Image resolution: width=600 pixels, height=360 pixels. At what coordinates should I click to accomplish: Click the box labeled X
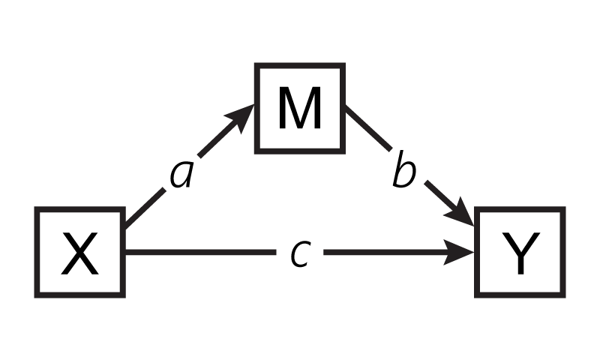[x=80, y=253]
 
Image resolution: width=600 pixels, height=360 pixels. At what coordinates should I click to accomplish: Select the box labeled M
[x=300, y=109]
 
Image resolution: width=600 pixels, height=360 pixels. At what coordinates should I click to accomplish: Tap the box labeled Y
[x=520, y=253]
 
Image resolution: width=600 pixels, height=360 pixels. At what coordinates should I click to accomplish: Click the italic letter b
[x=404, y=175]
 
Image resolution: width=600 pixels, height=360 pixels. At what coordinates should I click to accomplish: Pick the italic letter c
[x=300, y=253]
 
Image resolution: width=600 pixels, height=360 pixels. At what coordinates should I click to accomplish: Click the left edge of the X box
[x=37, y=253]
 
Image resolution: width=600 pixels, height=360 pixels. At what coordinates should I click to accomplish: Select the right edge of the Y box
[x=562, y=253]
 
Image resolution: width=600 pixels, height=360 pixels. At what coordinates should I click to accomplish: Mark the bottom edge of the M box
[x=300, y=151]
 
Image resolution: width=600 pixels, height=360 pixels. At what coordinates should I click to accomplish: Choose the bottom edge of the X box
[x=80, y=295]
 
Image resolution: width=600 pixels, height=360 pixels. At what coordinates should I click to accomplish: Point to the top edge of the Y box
[x=520, y=210]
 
